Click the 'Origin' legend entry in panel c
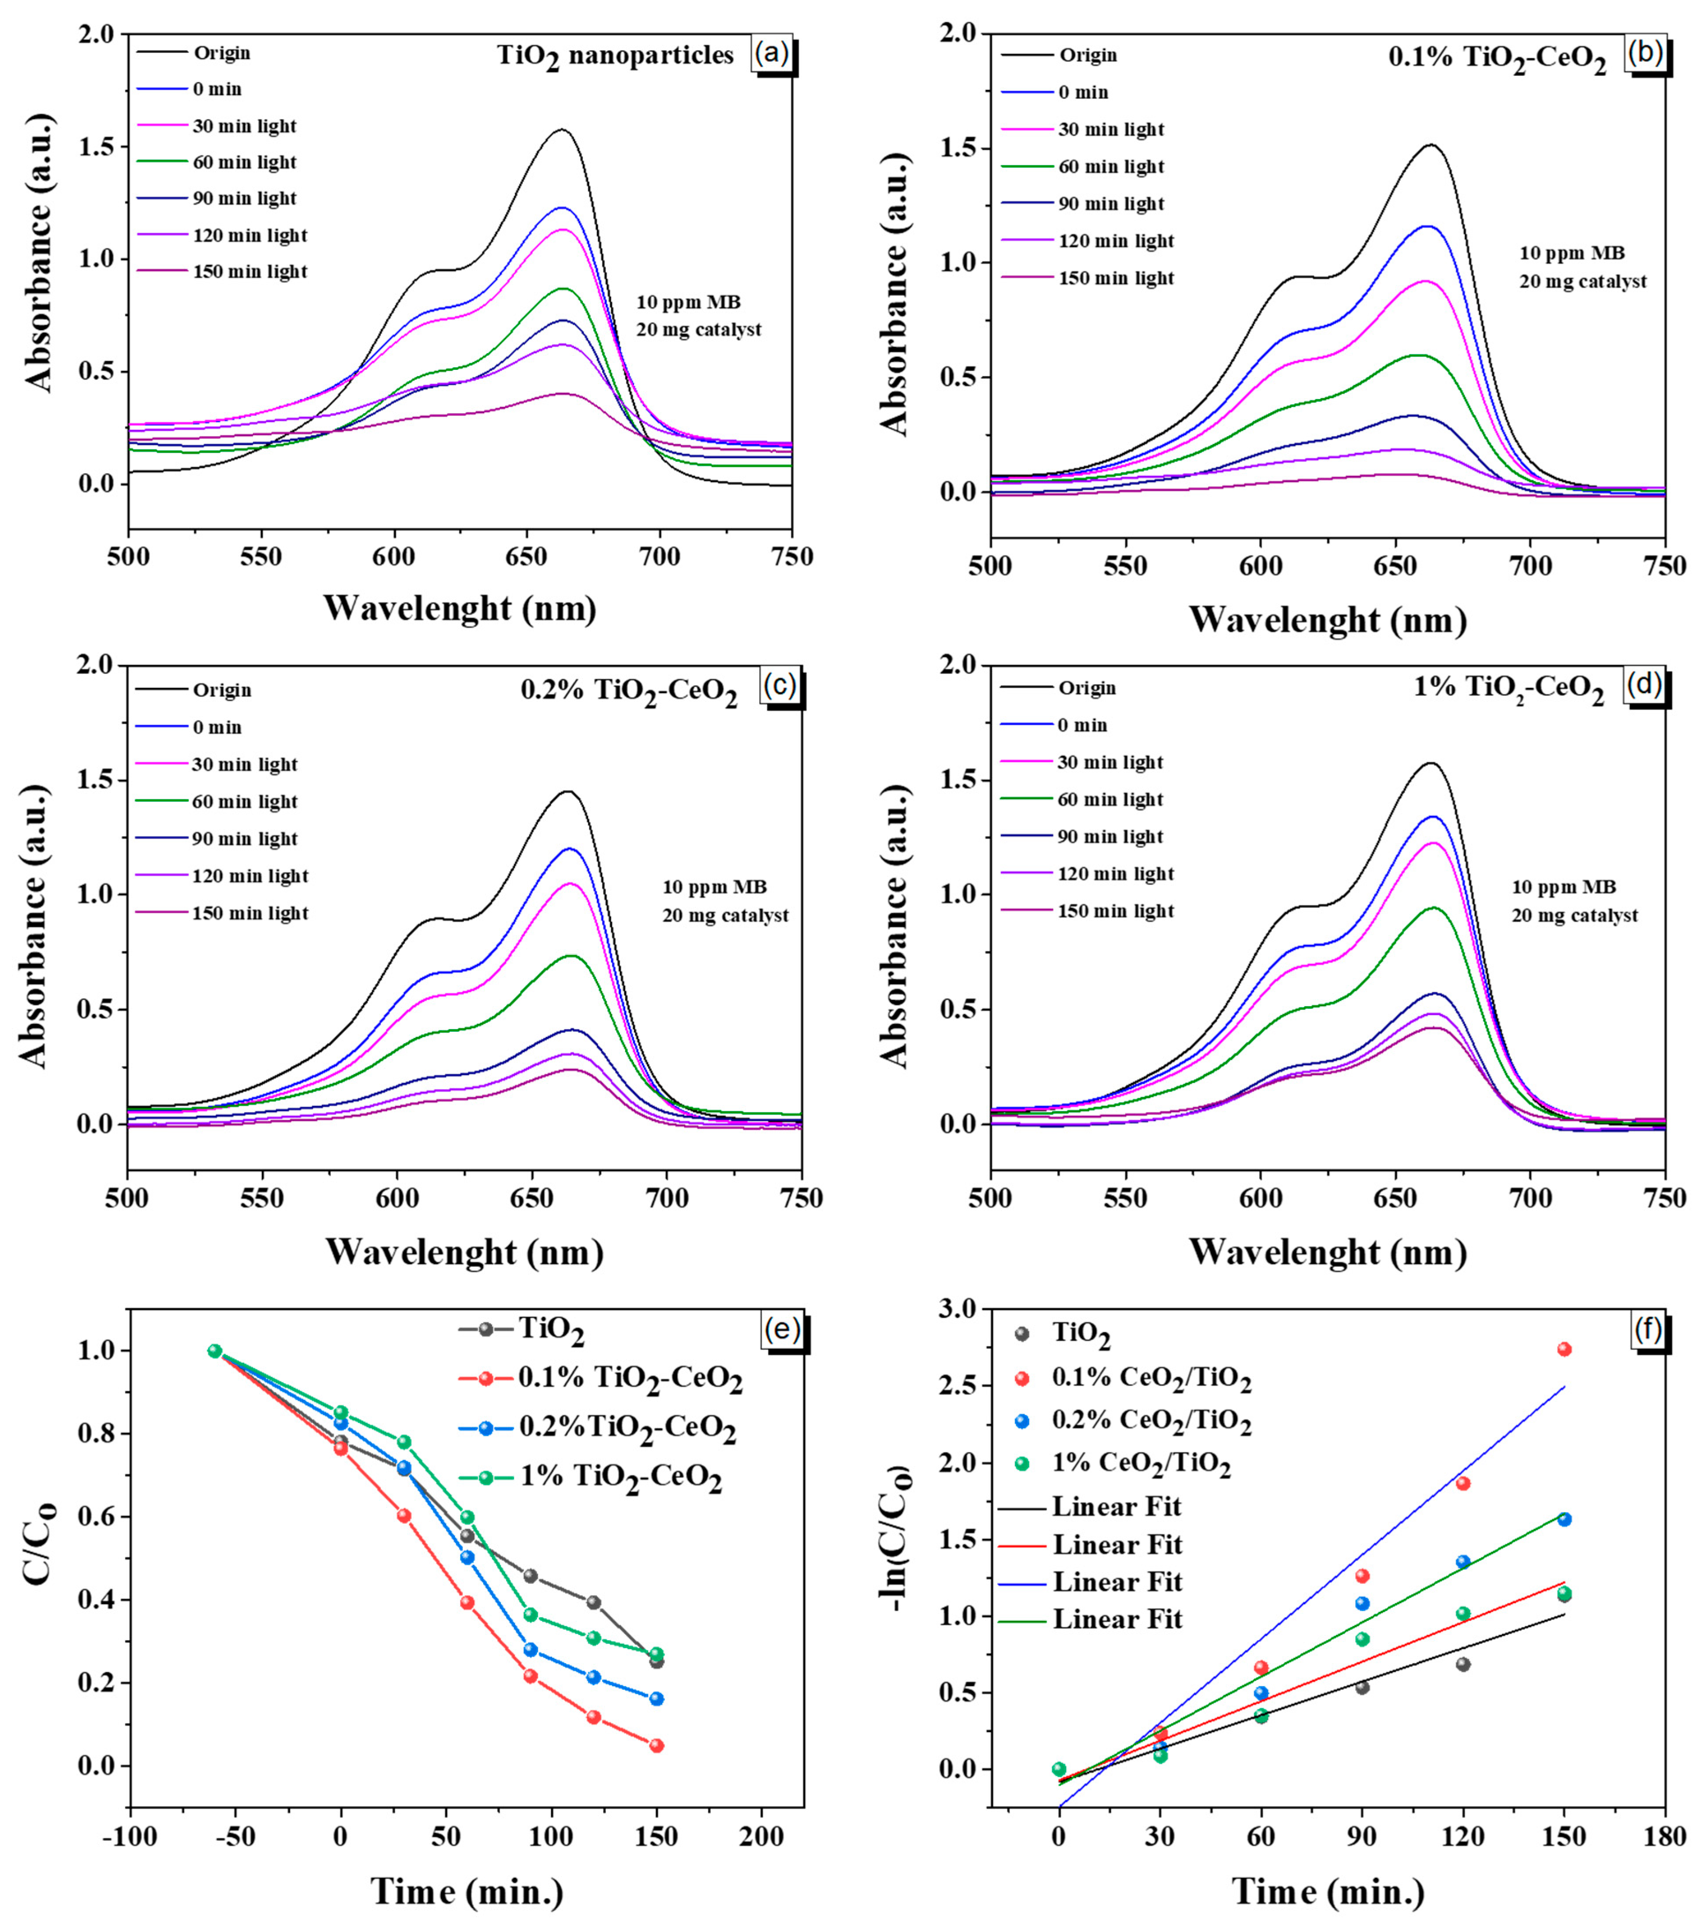pos(222,690)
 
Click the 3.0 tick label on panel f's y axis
pos(961,1309)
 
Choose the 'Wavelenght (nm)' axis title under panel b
pos(1327,620)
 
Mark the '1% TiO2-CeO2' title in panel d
pos(1509,688)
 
